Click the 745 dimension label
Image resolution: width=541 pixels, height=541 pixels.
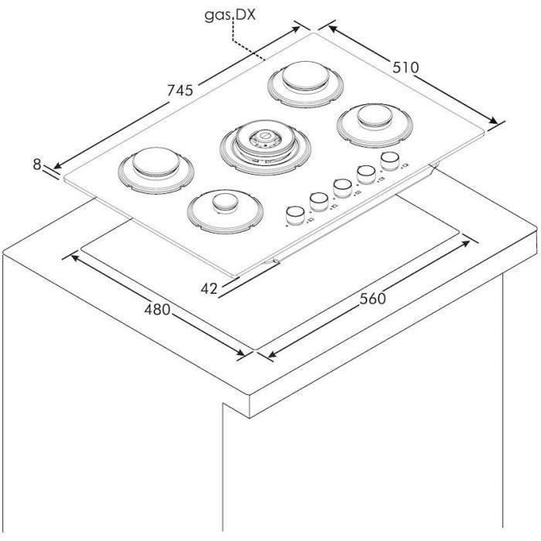pos(180,90)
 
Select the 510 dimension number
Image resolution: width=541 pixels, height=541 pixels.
pos(406,67)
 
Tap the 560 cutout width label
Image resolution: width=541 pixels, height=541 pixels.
pos(373,298)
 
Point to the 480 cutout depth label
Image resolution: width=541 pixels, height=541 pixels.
pos(158,309)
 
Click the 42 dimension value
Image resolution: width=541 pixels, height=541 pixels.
pos(209,289)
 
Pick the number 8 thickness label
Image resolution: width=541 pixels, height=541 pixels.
pos(37,164)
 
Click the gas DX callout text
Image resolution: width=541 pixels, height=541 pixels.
pos(230,15)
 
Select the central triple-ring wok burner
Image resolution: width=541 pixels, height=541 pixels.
pos(265,148)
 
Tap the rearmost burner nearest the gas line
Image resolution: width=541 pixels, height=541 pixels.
pos(306,83)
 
